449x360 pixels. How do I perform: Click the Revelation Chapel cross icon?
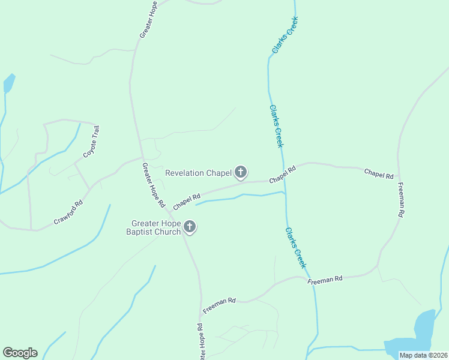[x=240, y=173]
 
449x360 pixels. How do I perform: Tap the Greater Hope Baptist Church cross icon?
[x=190, y=227]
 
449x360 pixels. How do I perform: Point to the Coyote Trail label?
[x=91, y=142]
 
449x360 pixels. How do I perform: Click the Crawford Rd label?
[x=67, y=212]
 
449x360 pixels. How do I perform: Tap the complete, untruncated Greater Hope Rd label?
[x=153, y=185]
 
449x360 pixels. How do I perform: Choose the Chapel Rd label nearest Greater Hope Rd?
[x=186, y=202]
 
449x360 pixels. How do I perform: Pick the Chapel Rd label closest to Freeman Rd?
[x=379, y=174]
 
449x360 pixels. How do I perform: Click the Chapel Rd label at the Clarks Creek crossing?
[x=283, y=175]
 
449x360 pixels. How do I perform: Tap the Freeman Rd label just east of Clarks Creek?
[x=325, y=280]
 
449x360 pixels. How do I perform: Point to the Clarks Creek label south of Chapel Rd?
[x=296, y=247]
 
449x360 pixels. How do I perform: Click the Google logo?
[x=20, y=353]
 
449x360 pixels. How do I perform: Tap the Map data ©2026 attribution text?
[x=423, y=355]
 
